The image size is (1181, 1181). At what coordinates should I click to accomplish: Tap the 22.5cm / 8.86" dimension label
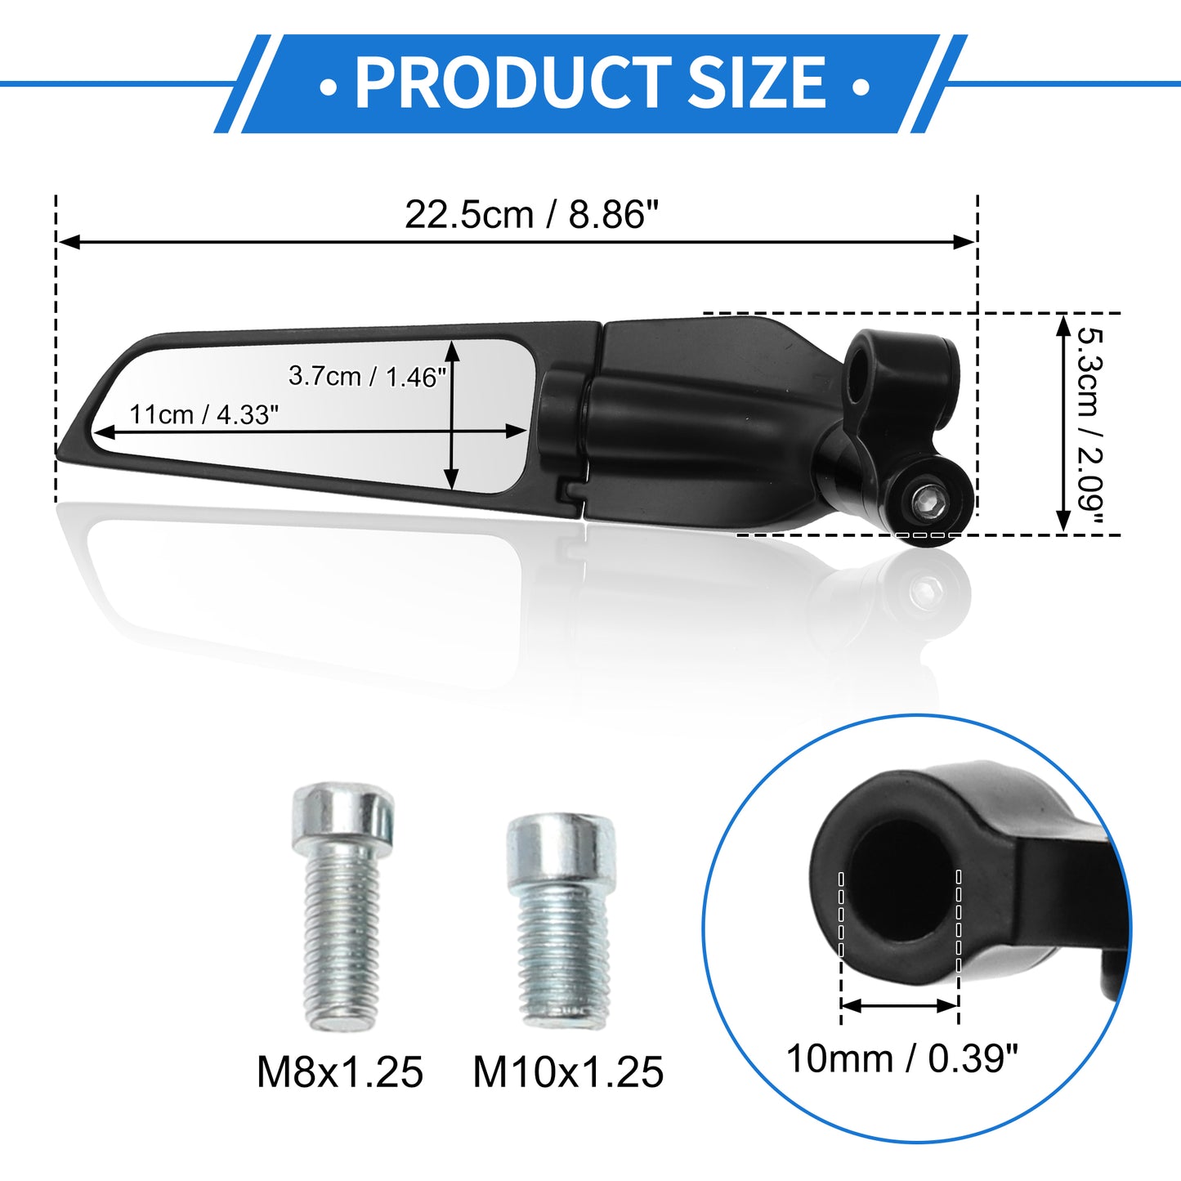pyautogui.click(x=531, y=215)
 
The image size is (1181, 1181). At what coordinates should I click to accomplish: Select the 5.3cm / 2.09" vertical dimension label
pyautogui.click(x=1092, y=424)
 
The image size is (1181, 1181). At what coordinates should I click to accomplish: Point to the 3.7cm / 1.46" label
pyautogui.click(x=366, y=376)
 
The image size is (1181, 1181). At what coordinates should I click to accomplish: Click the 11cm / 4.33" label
pyautogui.click(x=204, y=415)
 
